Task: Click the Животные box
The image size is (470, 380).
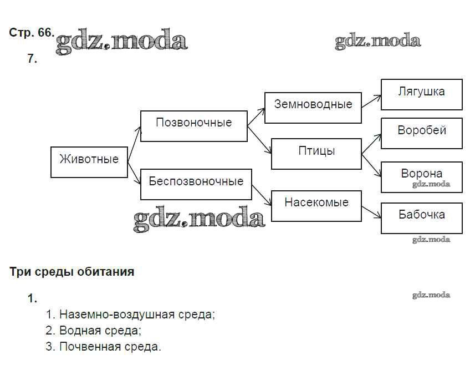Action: pos(89,162)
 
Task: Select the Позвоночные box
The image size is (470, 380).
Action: pos(193,126)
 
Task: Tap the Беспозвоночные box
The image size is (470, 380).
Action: pos(196,184)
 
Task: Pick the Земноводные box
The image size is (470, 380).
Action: pos(313,108)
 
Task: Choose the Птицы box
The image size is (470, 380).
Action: pos(316,154)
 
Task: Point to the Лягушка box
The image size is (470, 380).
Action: pos(421,94)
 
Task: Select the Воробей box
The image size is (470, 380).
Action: pos(421,133)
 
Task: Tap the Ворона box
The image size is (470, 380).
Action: pos(421,176)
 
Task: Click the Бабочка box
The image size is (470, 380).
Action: pos(421,217)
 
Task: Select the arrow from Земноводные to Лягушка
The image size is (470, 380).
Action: pos(371,101)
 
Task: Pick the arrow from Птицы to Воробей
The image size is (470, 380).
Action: pos(371,144)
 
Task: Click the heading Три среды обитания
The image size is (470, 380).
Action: pos(72,272)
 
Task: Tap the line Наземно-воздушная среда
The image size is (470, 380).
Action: pos(130,315)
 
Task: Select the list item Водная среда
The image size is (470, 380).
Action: pos(94,331)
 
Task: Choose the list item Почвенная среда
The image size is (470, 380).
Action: pos(104,347)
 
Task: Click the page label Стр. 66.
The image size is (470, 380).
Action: pos(32,33)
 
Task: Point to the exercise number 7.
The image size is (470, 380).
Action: pos(32,59)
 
